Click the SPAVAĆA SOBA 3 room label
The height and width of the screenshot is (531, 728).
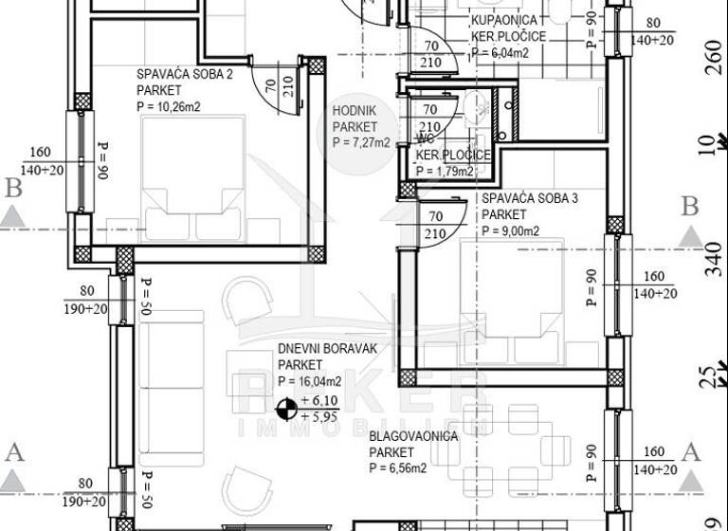(x=529, y=199)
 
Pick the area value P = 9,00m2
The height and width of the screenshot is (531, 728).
(x=510, y=230)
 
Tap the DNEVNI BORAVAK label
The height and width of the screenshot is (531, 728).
(x=327, y=349)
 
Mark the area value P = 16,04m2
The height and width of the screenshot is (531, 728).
(x=317, y=381)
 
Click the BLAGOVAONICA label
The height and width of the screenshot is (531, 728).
(x=413, y=436)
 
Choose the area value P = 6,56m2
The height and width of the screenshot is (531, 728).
(x=398, y=467)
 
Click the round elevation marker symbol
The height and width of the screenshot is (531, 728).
(x=283, y=409)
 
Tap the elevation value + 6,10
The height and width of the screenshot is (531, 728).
(x=320, y=401)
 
